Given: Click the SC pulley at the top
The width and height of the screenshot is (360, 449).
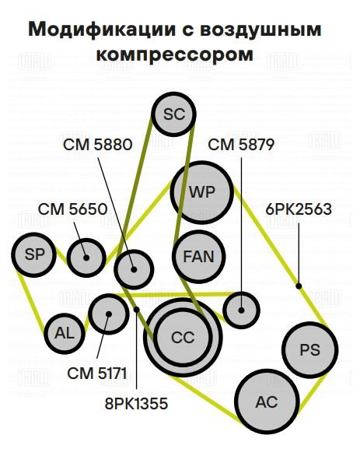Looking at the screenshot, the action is point(173,114).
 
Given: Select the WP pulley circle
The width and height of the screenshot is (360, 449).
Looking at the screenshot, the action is point(201,192).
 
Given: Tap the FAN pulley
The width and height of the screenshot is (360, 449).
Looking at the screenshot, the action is point(198,257).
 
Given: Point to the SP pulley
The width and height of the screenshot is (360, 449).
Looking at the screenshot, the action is point(33,254).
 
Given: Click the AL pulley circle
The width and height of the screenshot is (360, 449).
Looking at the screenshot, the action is point(65,333).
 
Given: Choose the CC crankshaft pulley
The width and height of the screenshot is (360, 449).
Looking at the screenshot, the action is point(183,337).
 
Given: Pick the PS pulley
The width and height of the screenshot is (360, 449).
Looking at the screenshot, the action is point(310,349).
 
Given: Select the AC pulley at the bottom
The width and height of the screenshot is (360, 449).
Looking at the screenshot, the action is point(267,402).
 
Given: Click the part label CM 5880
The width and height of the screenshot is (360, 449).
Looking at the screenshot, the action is point(98,145).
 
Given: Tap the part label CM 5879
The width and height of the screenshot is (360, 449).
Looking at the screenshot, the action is point(241,145).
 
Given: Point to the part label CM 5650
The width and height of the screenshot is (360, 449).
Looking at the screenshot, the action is point(72,209).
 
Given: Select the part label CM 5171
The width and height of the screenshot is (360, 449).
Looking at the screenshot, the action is point(97,374).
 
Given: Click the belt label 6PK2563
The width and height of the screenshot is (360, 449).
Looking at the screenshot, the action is point(299,209).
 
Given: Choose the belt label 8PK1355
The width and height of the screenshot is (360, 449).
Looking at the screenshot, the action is point(136,404).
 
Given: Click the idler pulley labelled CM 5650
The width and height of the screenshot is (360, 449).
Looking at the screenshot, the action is point(86,258).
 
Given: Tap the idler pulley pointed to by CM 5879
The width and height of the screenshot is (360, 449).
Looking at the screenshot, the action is point(241,310).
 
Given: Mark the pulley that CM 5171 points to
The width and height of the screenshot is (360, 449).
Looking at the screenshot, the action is point(109,314).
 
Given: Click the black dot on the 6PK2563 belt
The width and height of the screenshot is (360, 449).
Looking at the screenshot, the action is point(299,286).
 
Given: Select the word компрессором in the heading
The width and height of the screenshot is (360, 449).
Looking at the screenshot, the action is point(175,54).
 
